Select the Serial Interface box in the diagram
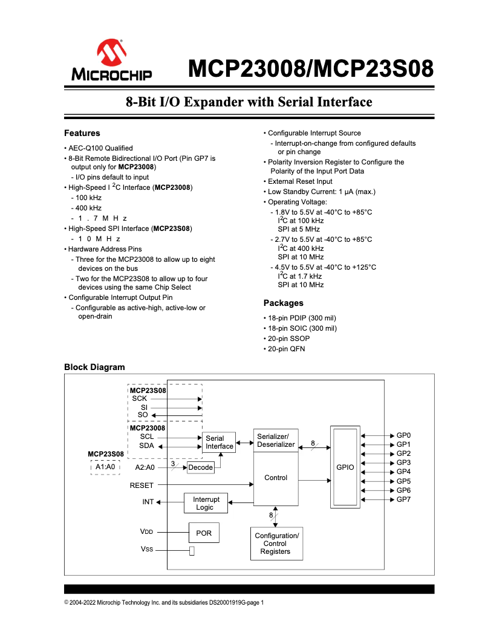[219, 443]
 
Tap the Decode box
[201, 467]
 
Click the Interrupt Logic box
[205, 503]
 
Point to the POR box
[204, 533]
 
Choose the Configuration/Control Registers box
[276, 544]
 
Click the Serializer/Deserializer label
[276, 441]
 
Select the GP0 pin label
[403, 435]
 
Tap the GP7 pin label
[403, 499]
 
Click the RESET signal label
[142, 485]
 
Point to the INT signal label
[148, 502]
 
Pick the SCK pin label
[140, 398]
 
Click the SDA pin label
[146, 446]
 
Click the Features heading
[82, 133]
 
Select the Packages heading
[283, 303]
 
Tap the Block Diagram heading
[94, 367]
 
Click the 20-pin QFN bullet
[286, 349]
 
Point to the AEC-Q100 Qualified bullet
[100, 148]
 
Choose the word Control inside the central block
[276, 478]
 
